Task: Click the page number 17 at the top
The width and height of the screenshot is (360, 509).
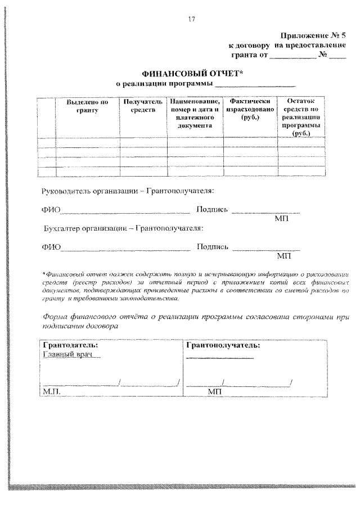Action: (191, 21)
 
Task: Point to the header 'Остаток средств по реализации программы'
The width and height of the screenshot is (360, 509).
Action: (301, 118)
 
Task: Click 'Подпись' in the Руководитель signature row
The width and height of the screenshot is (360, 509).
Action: (211, 210)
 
